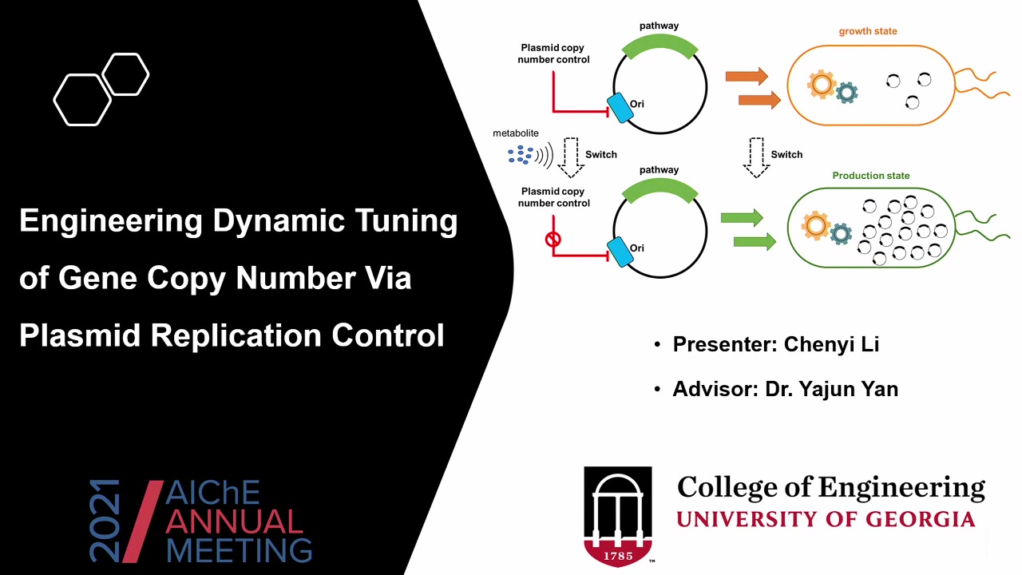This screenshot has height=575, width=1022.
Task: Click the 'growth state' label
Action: coord(868,31)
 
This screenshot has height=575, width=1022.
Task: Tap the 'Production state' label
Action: coord(871,176)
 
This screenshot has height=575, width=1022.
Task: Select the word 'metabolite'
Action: coord(516,133)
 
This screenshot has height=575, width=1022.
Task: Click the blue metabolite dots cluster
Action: coord(521,155)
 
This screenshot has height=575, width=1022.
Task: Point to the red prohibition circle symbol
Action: coord(553,239)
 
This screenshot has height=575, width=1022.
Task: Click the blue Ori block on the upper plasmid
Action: coord(620,108)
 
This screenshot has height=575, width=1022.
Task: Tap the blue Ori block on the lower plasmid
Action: coord(620,252)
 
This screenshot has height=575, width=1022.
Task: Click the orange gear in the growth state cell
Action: coord(822,85)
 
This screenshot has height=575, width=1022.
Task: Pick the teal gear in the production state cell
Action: coord(841,234)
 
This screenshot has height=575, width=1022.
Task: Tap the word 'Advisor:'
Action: coord(715,389)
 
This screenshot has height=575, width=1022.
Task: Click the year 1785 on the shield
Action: coord(618,556)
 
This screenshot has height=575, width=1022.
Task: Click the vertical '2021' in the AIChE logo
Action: coord(105,521)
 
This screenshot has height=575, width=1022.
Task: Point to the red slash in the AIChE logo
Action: coord(143,521)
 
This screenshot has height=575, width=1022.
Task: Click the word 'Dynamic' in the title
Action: coord(279,221)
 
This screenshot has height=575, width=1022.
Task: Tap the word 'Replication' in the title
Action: coord(236,335)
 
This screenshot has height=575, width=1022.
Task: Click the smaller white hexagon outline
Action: coord(125,74)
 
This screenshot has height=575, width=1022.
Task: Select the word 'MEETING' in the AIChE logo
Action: coord(239,550)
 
